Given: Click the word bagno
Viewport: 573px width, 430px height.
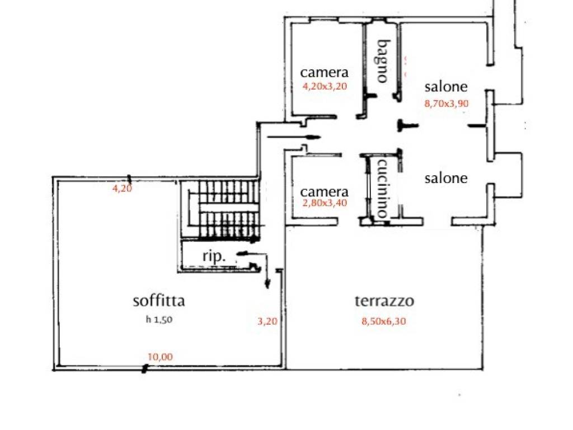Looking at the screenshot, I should pos(382,60).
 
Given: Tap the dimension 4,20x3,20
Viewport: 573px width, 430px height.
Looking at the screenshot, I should pos(325,87).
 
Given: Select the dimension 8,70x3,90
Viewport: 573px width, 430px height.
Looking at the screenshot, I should pos(446,103).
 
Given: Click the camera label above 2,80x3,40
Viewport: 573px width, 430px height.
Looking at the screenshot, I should pos(325,191).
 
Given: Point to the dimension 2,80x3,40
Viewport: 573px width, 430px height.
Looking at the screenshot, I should pos(325,203).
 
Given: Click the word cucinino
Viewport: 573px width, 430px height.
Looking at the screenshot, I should pos(383,189).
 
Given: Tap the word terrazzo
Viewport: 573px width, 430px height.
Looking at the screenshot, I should pos(384,301).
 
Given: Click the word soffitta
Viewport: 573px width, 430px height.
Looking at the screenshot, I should pos(159,301).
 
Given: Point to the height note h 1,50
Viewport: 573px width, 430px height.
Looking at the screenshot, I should pos(158,320).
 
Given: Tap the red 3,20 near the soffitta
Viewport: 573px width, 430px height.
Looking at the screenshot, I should pos(267,321).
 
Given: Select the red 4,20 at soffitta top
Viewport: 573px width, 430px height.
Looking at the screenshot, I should pos(123,189).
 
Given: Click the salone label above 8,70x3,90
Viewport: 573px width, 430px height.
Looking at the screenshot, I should pos(446,87).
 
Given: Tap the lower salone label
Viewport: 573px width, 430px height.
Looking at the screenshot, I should pos(446,178).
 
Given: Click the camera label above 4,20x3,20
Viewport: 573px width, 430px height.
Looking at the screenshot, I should pos(325,72).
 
